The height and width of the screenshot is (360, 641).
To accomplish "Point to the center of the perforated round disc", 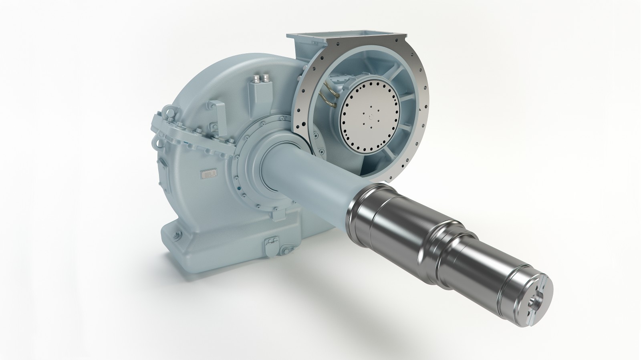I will click(369, 116).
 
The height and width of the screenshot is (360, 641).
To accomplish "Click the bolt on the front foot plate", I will click(285, 251).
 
